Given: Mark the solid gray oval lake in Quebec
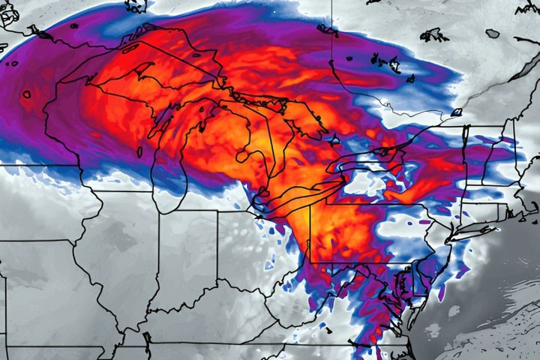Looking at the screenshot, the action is [x=492, y=34].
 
